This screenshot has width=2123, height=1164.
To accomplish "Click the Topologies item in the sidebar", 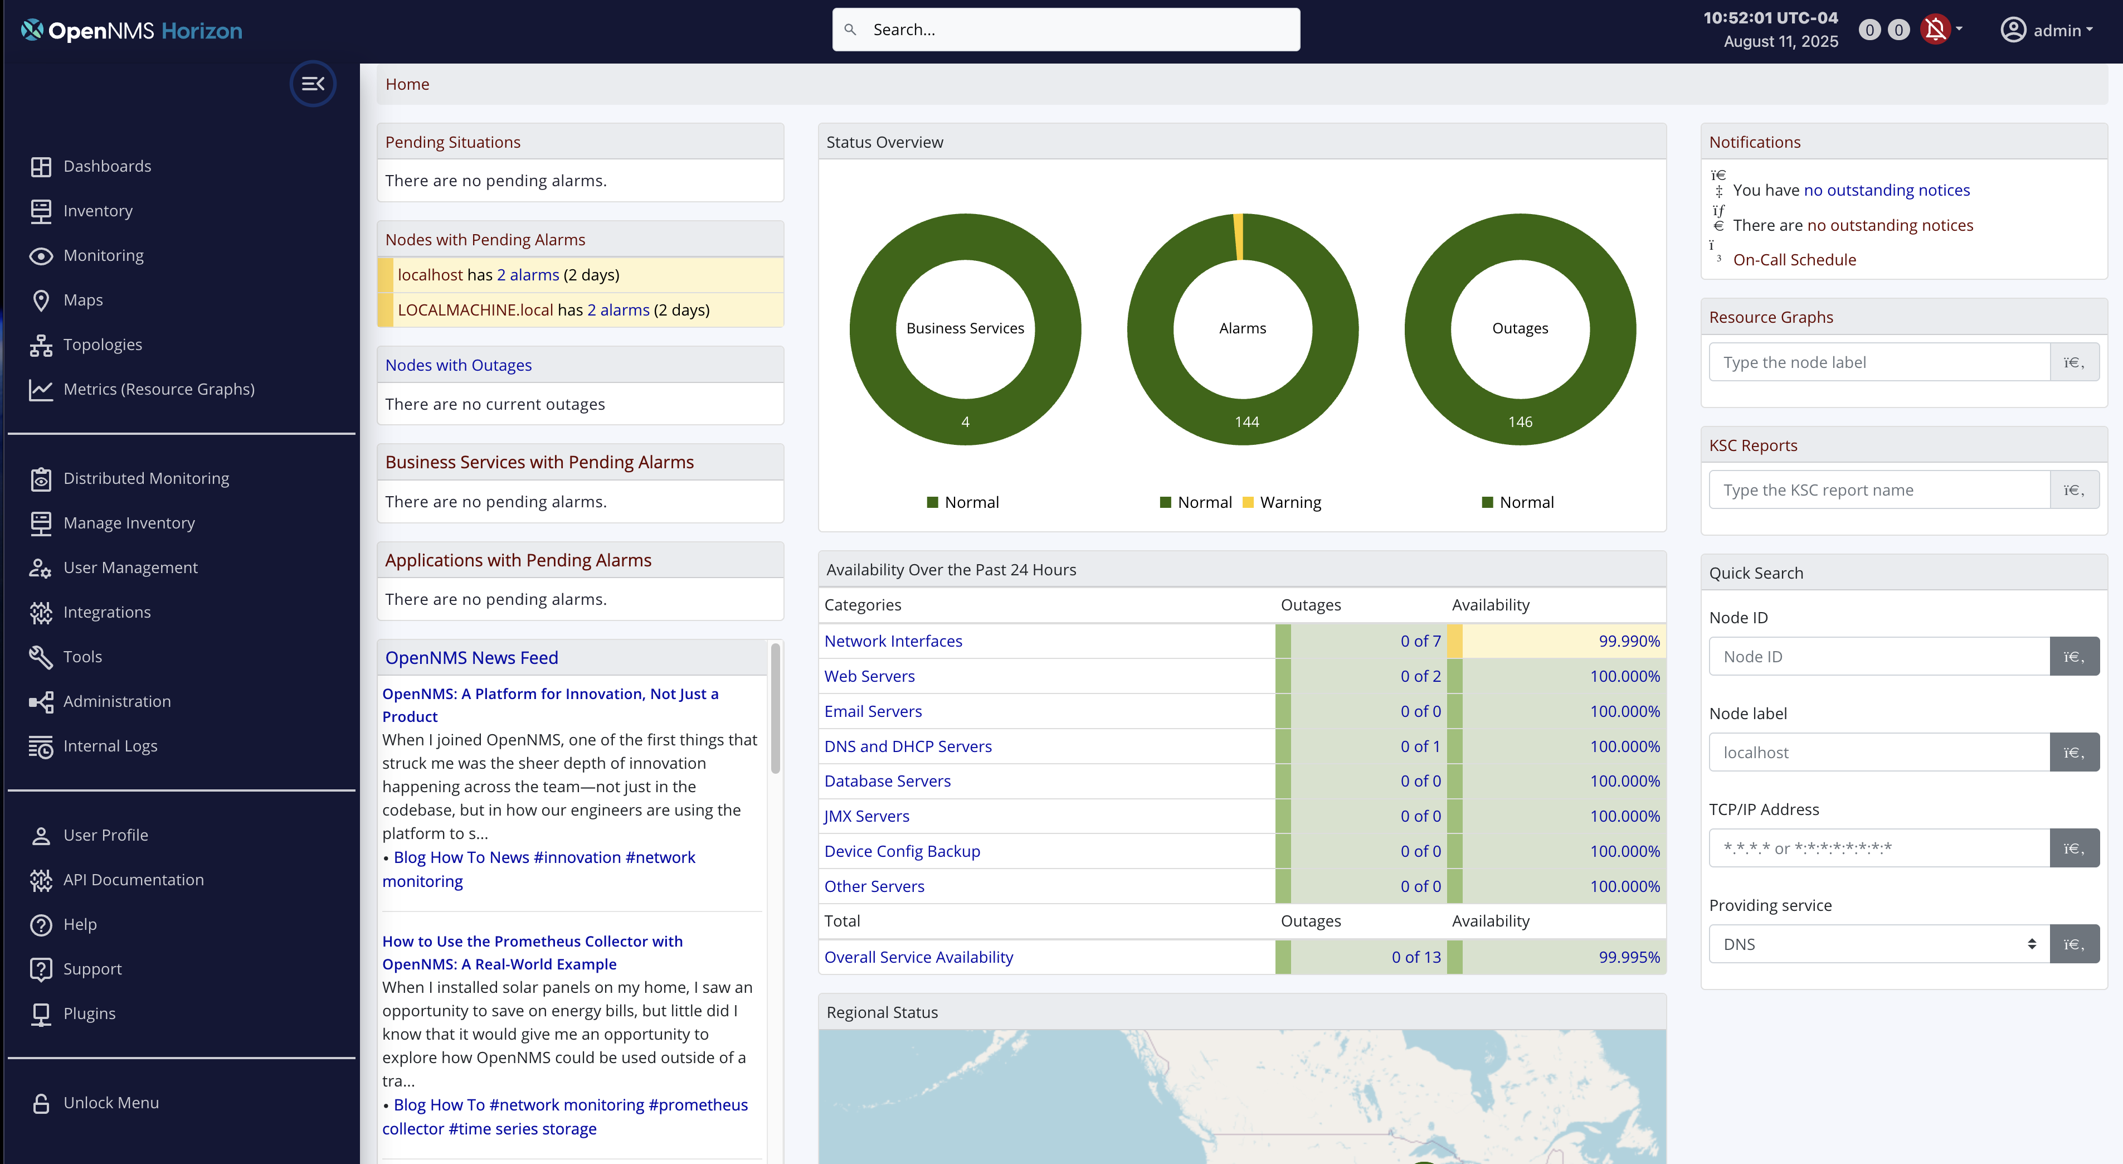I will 102,345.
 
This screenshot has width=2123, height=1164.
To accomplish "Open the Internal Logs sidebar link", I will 110,746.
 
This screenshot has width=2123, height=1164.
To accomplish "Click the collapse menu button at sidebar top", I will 313,83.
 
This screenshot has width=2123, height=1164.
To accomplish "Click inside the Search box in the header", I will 1072,30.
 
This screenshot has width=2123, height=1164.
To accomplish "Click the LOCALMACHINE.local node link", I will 475,310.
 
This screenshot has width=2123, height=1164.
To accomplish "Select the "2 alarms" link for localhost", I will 528,274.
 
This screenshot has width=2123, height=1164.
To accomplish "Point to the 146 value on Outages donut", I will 1520,422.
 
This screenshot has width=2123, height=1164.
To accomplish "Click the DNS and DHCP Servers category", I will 907,746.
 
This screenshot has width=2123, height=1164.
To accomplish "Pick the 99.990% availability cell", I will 1629,641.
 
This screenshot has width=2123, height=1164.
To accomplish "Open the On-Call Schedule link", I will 1794,260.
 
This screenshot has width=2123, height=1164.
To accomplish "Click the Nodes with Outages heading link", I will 458,365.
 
